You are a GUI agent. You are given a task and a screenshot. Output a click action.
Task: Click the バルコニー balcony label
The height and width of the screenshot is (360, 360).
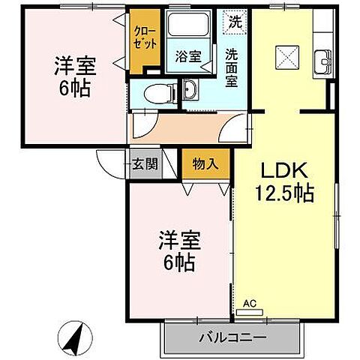click(232, 337)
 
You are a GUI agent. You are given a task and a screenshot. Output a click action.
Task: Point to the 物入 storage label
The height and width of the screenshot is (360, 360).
click(205, 163)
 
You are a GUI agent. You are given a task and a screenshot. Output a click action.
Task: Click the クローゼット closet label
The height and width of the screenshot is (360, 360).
click(145, 37)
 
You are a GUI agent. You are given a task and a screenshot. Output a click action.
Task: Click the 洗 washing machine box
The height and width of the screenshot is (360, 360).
click(235, 22)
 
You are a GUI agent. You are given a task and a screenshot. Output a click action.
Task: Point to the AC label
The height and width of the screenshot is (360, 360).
click(250, 303)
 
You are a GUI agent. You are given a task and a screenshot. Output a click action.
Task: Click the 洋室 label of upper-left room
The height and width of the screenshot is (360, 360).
click(73, 64)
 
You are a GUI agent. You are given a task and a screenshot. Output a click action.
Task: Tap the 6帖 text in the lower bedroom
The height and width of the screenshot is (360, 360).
click(177, 263)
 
